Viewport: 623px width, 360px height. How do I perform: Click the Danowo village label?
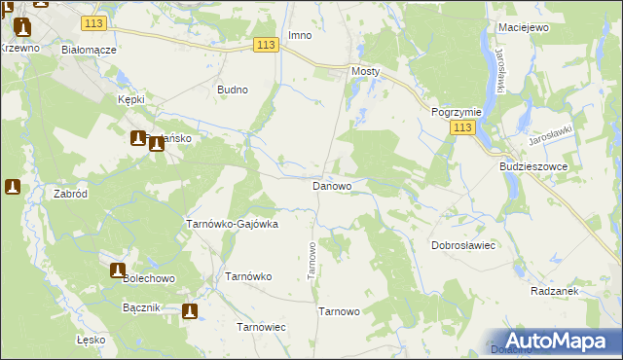[x=331, y=185]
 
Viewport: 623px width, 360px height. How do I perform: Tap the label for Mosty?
[x=365, y=72]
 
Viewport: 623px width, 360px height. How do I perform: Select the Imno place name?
[x=300, y=36]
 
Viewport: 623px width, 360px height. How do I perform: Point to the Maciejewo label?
[x=523, y=27]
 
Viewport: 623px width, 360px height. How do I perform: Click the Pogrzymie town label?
[x=455, y=112]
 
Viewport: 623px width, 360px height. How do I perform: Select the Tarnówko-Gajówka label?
[x=233, y=224]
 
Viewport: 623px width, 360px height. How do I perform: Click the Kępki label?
[x=130, y=100]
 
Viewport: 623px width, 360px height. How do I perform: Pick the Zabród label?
[x=72, y=194]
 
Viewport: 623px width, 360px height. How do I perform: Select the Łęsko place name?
[x=90, y=341]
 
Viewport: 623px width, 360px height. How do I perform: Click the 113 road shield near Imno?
[x=267, y=45]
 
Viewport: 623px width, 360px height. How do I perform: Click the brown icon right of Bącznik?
[x=190, y=311]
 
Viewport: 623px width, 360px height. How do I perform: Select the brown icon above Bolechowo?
[x=118, y=270]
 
